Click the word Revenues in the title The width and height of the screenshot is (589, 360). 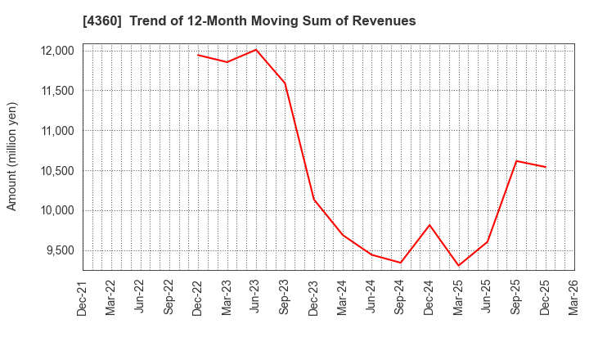(x=387, y=20)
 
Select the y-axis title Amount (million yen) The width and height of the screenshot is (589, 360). (x=12, y=156)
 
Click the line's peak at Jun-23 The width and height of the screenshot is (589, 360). (x=256, y=50)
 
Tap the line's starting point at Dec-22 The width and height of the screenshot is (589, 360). (x=198, y=55)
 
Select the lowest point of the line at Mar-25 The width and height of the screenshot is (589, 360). (x=458, y=265)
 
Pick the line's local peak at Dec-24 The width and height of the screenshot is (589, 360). (x=429, y=225)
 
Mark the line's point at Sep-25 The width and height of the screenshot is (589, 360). (x=516, y=161)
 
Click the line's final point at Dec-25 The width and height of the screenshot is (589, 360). (x=545, y=167)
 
